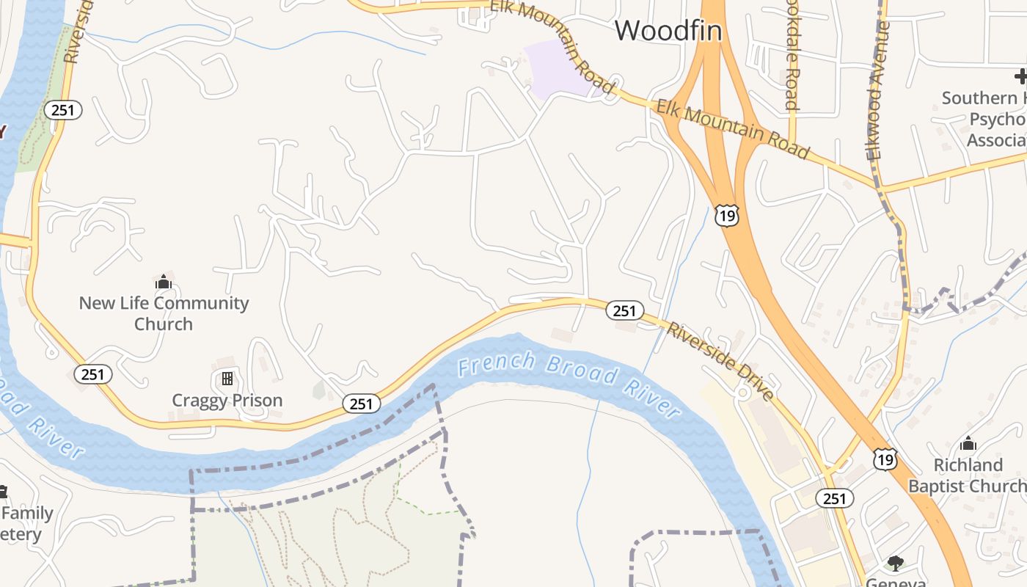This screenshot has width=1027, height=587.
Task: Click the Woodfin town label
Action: pyautogui.click(x=668, y=30)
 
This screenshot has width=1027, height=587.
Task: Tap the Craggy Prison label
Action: pyautogui.click(x=227, y=401)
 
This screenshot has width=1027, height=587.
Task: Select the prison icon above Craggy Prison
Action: pyautogui.click(x=227, y=379)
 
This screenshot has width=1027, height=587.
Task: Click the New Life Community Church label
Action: pyautogui.click(x=164, y=313)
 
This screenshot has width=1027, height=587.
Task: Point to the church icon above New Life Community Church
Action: pyautogui.click(x=163, y=282)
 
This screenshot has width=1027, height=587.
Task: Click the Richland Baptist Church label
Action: pyautogui.click(x=968, y=475)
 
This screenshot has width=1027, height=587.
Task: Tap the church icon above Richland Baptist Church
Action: pyautogui.click(x=968, y=443)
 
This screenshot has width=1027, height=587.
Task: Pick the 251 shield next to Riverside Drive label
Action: pyautogui.click(x=624, y=310)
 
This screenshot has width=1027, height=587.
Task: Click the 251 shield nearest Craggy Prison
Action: pyautogui.click(x=361, y=404)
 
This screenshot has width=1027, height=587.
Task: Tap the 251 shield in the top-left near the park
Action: pyautogui.click(x=62, y=110)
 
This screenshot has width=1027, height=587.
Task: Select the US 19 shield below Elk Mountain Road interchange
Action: pyautogui.click(x=726, y=215)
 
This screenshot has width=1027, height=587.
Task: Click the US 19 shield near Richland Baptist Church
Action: pyautogui.click(x=885, y=459)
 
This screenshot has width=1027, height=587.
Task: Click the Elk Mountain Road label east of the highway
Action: pyautogui.click(x=732, y=130)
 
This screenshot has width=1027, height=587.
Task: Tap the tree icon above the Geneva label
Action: pyautogui.click(x=894, y=564)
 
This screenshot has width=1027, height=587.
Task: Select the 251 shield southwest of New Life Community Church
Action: pyautogui.click(x=92, y=374)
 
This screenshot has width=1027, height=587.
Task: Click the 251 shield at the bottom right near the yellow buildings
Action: pyautogui.click(x=834, y=498)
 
